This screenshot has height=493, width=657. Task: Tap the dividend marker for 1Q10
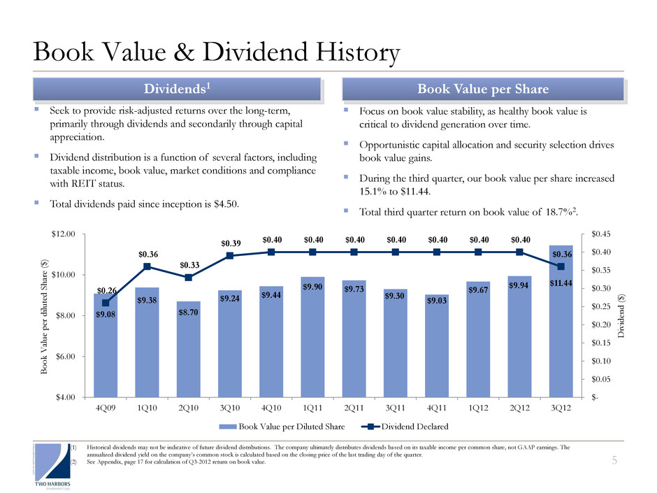click(147, 266)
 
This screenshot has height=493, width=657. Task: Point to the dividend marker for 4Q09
click(106, 303)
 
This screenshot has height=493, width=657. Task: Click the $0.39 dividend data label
click(231, 243)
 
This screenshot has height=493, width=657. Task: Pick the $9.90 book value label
click(312, 287)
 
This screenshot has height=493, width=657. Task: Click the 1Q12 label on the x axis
click(478, 408)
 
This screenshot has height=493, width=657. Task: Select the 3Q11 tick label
click(395, 408)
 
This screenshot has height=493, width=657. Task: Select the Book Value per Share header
click(483, 90)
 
